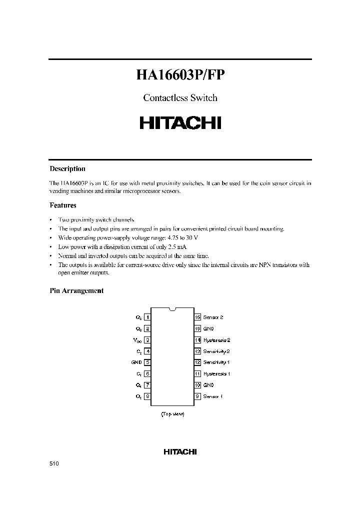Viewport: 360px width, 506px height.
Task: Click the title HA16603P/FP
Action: (180, 75)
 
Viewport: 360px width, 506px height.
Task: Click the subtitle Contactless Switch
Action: (180, 98)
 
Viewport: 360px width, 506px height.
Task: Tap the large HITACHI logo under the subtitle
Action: (180, 123)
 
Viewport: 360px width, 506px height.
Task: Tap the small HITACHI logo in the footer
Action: (180, 451)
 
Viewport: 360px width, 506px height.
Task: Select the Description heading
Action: (67, 169)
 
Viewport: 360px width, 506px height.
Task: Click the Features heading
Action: (63, 205)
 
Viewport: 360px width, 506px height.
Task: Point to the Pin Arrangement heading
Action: (76, 291)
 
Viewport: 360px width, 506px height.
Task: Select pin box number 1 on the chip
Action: (147, 317)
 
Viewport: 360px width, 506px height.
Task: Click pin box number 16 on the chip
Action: (197, 317)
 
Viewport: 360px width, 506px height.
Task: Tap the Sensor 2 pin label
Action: (213, 317)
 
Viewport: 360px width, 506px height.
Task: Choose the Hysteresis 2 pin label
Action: (217, 340)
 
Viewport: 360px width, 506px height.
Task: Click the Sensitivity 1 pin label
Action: (217, 362)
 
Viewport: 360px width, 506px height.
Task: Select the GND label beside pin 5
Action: (137, 362)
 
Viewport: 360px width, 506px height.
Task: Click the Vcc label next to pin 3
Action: (137, 340)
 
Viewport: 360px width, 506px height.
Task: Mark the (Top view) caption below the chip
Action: (172, 414)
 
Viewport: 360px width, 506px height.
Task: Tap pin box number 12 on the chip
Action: (197, 362)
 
